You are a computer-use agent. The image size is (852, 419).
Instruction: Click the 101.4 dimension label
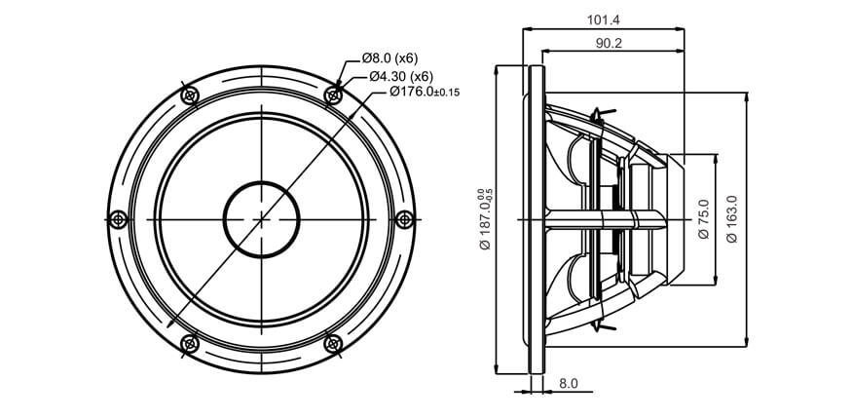click(x=603, y=20)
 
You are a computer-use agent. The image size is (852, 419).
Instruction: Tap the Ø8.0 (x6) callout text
click(x=389, y=57)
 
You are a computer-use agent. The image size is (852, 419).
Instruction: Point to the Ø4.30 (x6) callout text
click(x=401, y=76)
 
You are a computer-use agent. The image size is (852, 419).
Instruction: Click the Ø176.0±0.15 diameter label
click(x=425, y=92)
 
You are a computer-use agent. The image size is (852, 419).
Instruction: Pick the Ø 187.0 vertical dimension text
click(x=485, y=219)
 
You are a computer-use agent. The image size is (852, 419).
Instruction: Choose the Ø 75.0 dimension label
click(x=704, y=219)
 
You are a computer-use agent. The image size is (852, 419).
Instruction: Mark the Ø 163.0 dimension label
click(x=732, y=219)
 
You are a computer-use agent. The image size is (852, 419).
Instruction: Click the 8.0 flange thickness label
click(x=569, y=383)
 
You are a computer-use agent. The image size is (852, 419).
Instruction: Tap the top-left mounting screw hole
click(x=190, y=95)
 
